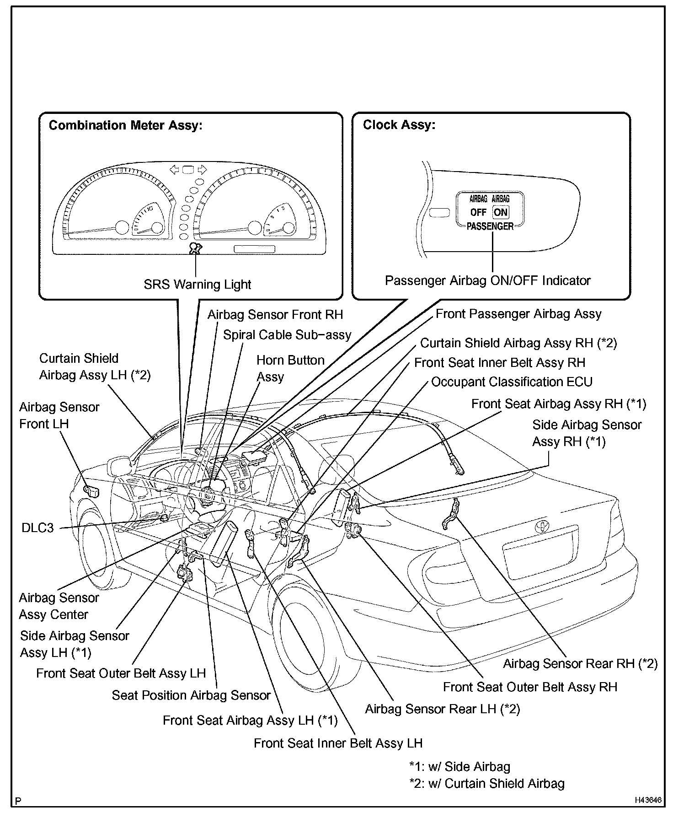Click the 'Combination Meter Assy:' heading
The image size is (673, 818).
tap(125, 126)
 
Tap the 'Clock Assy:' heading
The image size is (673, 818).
tap(399, 125)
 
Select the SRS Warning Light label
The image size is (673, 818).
tap(197, 285)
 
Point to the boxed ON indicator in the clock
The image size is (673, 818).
tap(501, 212)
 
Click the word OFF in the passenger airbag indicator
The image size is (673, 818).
tap(478, 213)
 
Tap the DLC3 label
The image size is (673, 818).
tap(37, 528)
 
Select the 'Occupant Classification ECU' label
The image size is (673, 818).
tap(512, 382)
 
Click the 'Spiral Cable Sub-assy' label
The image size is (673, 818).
tap(287, 335)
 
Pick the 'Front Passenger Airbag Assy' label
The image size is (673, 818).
tap(518, 314)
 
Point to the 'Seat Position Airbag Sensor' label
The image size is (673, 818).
tap(191, 695)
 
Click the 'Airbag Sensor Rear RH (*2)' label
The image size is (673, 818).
tap(580, 664)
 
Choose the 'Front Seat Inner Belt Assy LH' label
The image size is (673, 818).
tap(338, 743)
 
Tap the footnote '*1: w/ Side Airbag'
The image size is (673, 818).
tap(459, 767)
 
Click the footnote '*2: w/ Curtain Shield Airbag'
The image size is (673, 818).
tap(487, 784)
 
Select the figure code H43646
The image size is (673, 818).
tap(648, 801)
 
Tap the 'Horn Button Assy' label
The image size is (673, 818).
tap(290, 368)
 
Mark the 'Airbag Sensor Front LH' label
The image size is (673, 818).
tap(59, 415)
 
